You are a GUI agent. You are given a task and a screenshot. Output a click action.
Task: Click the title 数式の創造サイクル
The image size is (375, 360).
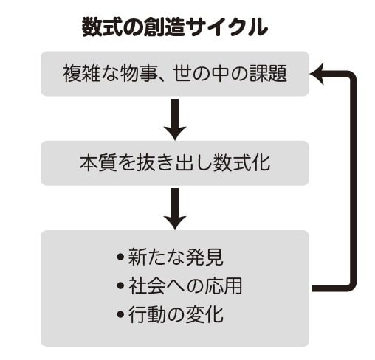tap(175, 27)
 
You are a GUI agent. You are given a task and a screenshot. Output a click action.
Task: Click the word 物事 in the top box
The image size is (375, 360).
tap(139, 74)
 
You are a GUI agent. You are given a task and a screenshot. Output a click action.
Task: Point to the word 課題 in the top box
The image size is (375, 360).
tap(269, 74)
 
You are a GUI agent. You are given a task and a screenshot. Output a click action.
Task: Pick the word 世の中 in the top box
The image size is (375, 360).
tap(202, 74)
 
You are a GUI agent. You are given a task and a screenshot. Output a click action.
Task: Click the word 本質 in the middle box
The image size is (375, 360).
tap(98, 163)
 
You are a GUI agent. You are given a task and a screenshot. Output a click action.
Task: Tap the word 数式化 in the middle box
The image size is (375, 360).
tap(242, 163)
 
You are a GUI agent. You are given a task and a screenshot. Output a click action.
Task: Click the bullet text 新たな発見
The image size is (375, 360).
tap(176, 257)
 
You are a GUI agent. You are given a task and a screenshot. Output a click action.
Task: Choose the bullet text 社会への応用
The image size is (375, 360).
tap(185, 285)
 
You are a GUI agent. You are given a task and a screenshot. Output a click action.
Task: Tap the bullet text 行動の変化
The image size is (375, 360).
tap(176, 314)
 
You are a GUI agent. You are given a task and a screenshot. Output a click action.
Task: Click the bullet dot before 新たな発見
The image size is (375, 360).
tap(120, 257)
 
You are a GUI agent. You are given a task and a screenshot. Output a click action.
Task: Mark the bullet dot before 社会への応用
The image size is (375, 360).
tap(120, 285)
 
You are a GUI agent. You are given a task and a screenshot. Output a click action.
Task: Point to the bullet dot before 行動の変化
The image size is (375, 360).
tap(120, 314)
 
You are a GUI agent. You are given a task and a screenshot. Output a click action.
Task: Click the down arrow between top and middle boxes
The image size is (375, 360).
tap(175, 120)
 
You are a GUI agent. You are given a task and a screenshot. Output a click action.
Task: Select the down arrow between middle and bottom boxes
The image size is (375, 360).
tap(175, 209)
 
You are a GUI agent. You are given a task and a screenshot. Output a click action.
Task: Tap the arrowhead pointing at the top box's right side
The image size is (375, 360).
tap(317, 74)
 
